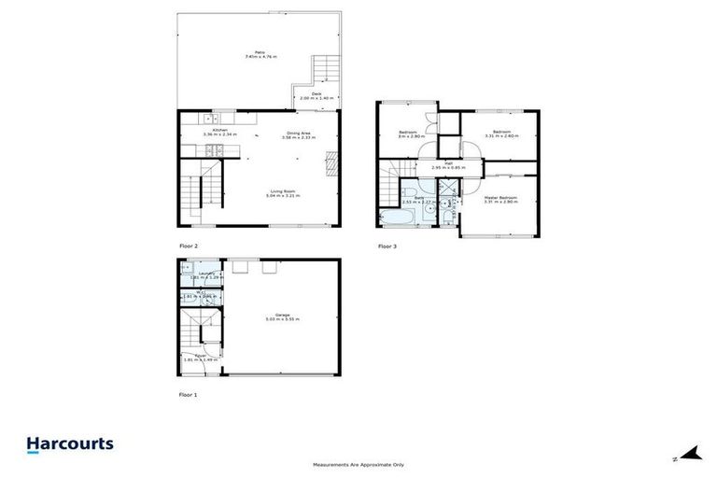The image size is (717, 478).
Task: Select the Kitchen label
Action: point(219,130)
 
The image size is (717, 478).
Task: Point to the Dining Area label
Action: point(299,134)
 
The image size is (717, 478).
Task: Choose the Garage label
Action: point(282,315)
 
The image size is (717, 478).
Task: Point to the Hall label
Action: point(448,164)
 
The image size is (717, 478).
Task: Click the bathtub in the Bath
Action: point(392,218)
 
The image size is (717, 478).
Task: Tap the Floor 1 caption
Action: point(189,395)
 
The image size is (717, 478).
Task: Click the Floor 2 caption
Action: point(189,246)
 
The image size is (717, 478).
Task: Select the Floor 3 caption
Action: point(387,246)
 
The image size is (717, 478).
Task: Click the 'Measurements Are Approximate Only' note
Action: point(358,464)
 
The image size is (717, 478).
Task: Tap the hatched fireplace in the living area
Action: point(330,163)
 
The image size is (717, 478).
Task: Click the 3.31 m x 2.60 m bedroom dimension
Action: point(501,135)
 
